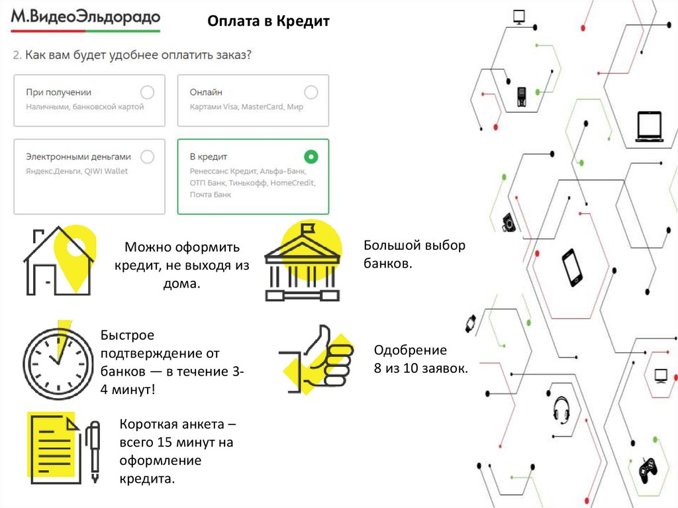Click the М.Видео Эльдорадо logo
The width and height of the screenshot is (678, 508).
[x=85, y=19]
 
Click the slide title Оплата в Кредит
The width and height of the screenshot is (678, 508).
[x=268, y=22]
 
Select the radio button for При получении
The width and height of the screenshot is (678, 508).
[x=148, y=92]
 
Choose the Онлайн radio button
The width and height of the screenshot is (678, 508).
[x=311, y=92]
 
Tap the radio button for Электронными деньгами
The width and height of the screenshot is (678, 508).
[x=148, y=157]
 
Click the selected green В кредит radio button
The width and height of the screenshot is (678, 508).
[x=311, y=157]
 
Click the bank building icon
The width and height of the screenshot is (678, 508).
[x=302, y=263]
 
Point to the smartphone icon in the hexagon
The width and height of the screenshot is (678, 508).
[x=571, y=267]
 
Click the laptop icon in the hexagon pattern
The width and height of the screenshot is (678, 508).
[x=649, y=127]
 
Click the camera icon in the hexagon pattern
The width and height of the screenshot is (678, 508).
[x=508, y=222]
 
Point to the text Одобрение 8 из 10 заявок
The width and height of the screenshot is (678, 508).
[x=420, y=360]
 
